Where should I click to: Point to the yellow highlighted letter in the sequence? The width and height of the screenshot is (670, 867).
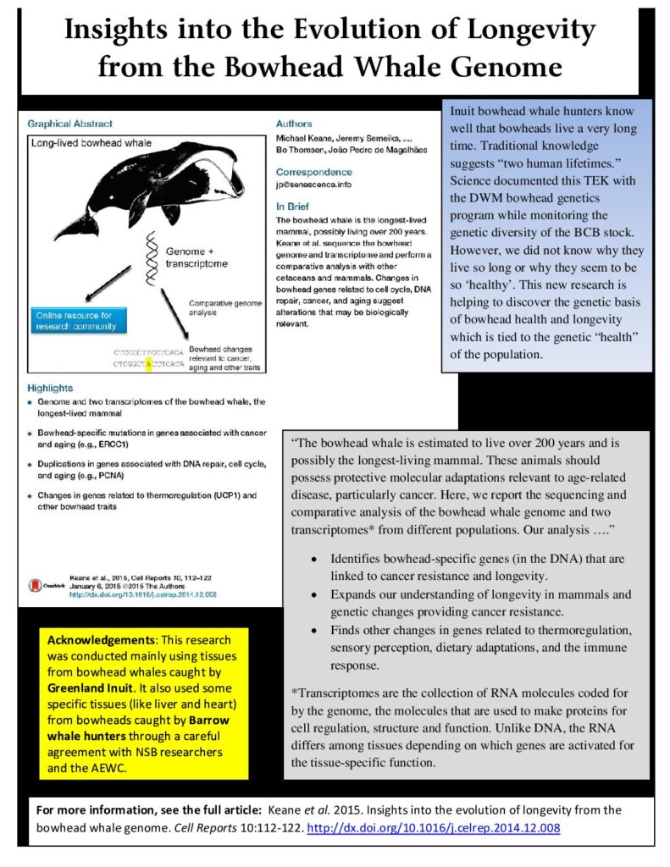[x=149, y=365]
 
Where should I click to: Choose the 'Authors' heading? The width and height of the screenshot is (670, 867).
[x=293, y=124]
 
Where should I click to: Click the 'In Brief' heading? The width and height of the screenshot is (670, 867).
[x=293, y=206]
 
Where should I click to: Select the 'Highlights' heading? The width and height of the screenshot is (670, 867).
[x=50, y=388]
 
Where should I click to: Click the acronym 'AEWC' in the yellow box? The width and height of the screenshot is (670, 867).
[x=124, y=766]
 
